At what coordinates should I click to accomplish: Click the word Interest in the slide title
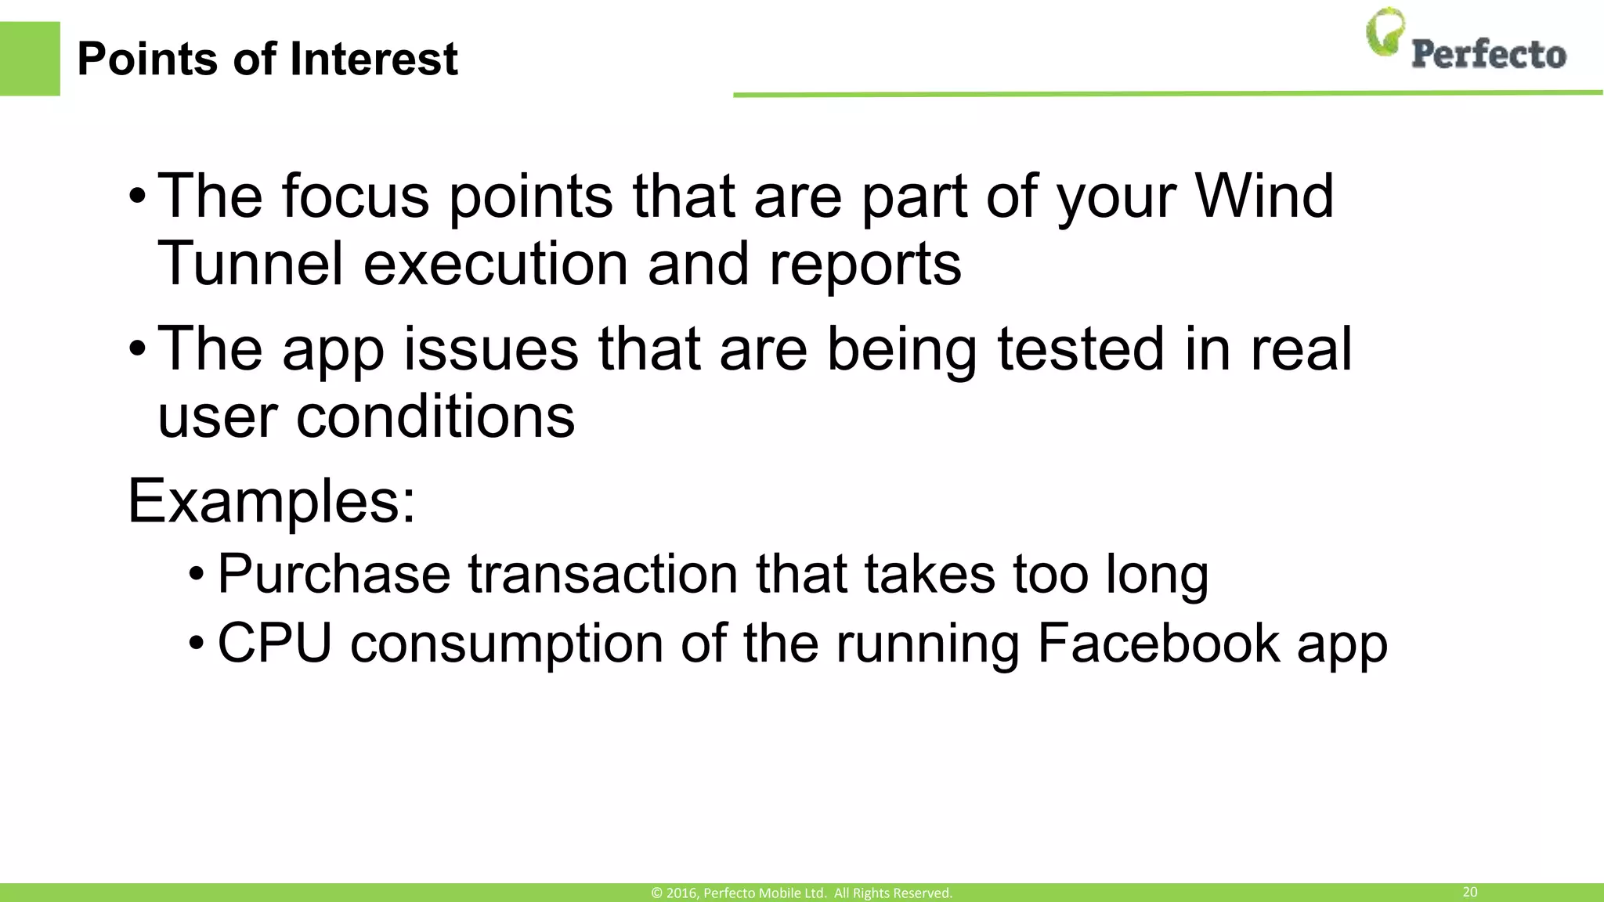[374, 59]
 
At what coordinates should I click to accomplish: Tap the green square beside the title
[30, 59]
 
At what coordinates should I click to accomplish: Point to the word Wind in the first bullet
[1263, 196]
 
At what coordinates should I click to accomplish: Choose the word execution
[495, 264]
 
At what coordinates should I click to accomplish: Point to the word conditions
[435, 416]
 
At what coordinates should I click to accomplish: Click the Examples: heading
[271, 501]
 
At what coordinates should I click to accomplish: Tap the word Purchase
[334, 574]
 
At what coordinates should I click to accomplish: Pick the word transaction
[603, 574]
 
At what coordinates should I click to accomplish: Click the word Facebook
[1158, 643]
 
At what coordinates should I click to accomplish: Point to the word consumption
[506, 644]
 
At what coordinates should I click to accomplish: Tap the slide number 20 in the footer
[1470, 892]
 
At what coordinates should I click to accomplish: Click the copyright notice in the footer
[801, 893]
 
